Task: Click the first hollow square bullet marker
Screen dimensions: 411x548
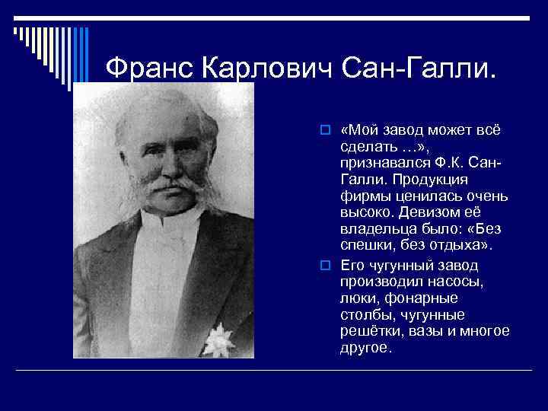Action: click(x=324, y=129)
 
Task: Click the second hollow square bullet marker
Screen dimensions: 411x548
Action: click(x=324, y=264)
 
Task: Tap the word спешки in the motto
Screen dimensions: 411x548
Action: click(x=367, y=246)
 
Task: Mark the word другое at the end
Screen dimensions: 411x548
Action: click(x=367, y=348)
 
